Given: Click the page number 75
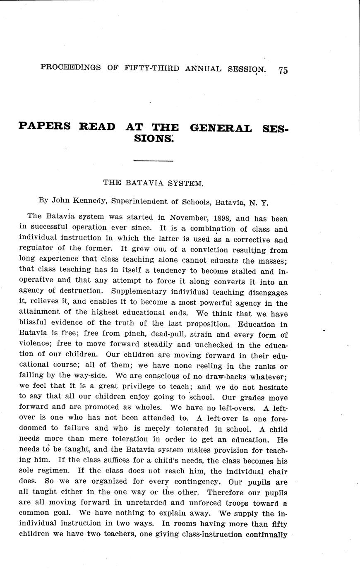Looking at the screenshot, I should pyautogui.click(x=283, y=70).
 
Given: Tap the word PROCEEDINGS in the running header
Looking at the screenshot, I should pyautogui.click(x=70, y=67).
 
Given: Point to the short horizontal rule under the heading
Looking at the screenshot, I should pyautogui.click(x=154, y=160).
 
